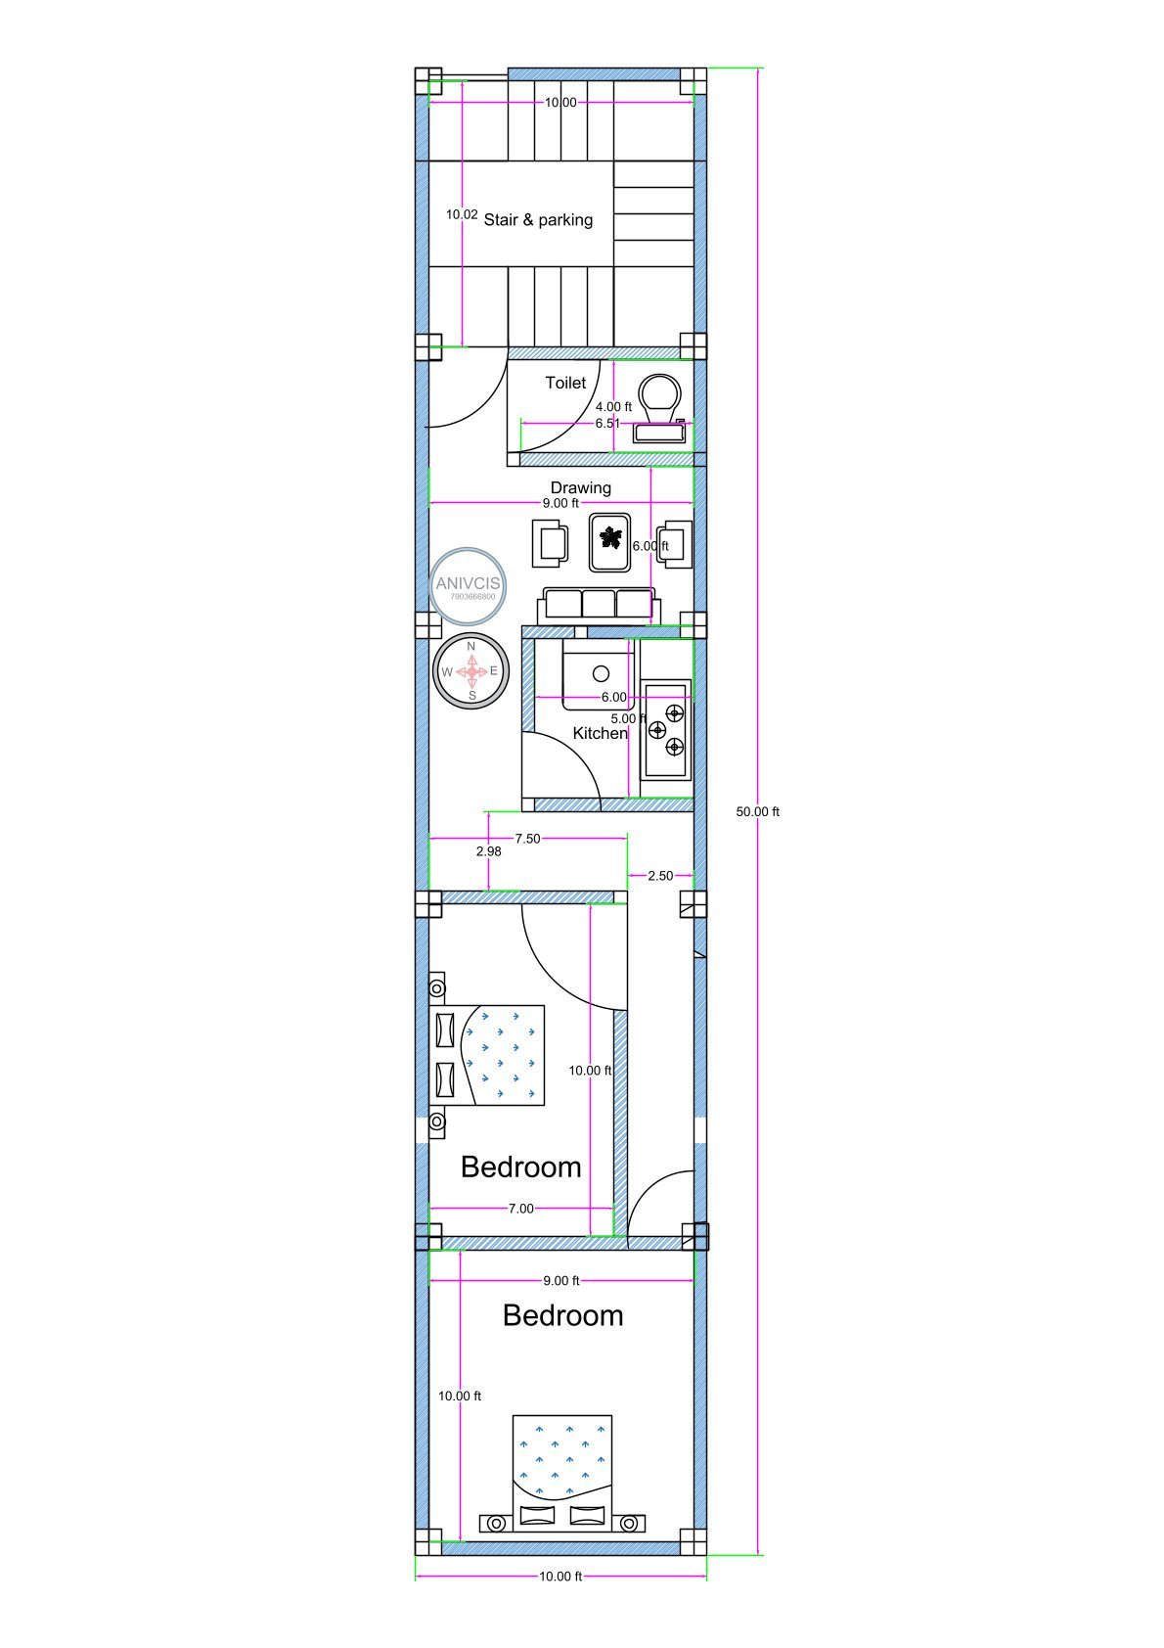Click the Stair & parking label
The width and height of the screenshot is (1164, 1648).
pyautogui.click(x=538, y=220)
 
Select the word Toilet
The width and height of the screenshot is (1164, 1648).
pyautogui.click(x=565, y=383)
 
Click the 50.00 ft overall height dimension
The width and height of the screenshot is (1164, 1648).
pyautogui.click(x=757, y=811)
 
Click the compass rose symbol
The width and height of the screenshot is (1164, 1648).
pyautogui.click(x=471, y=671)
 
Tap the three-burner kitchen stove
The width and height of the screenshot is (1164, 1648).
pyautogui.click(x=667, y=729)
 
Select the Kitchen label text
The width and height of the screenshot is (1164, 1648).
pyautogui.click(x=600, y=733)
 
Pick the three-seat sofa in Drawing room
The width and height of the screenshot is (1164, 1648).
pyautogui.click(x=599, y=605)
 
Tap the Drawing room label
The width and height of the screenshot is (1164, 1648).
pyautogui.click(x=580, y=487)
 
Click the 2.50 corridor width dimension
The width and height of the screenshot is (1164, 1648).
pyautogui.click(x=660, y=876)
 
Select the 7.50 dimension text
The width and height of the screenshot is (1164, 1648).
pyautogui.click(x=527, y=839)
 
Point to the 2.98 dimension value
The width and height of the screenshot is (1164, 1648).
pyautogui.click(x=488, y=851)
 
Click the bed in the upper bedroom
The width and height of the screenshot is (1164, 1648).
pyautogui.click(x=489, y=1055)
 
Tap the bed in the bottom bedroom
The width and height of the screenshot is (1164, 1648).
pyautogui.click(x=562, y=1473)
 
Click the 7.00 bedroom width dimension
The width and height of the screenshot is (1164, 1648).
pyautogui.click(x=520, y=1209)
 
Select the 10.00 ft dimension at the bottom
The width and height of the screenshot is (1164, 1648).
pyautogui.click(x=560, y=1576)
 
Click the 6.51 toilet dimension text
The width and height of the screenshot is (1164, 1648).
pyautogui.click(x=607, y=424)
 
